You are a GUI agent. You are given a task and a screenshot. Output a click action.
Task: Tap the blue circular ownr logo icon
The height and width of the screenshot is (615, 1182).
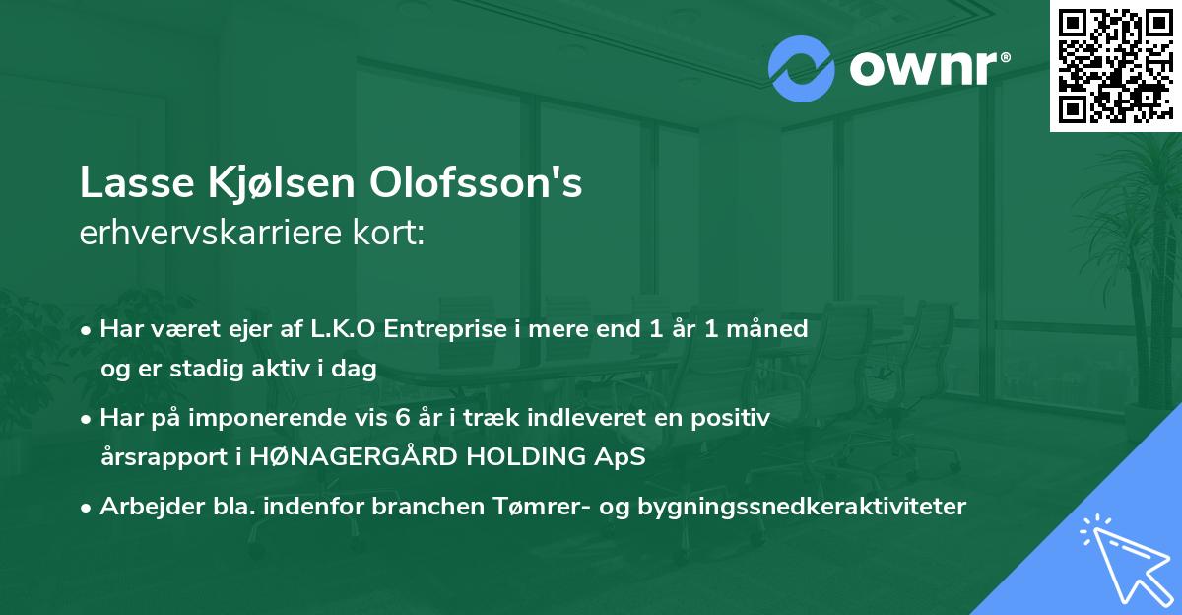click(x=801, y=68)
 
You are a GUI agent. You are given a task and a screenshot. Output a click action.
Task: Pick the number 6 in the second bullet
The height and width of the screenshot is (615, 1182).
click(x=401, y=418)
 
